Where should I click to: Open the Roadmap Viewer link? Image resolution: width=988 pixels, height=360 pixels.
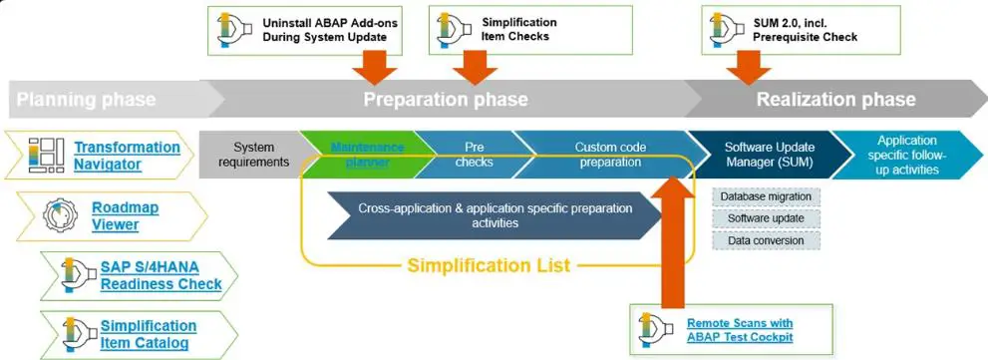point(125,215)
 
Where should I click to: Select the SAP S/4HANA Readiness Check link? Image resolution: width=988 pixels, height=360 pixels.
point(161,275)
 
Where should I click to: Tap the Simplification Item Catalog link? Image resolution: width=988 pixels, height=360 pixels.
point(148,334)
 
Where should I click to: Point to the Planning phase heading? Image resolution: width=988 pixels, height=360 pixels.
point(86,100)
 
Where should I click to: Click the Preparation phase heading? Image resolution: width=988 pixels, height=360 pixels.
point(445,100)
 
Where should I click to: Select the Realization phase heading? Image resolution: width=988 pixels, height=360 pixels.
point(835,100)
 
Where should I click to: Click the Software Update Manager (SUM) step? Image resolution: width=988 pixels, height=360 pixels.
point(766,155)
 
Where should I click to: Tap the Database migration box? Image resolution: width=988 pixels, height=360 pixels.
point(767,196)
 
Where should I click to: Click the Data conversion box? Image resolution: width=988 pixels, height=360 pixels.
point(767,240)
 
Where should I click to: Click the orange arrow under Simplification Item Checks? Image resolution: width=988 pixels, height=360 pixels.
point(475,68)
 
